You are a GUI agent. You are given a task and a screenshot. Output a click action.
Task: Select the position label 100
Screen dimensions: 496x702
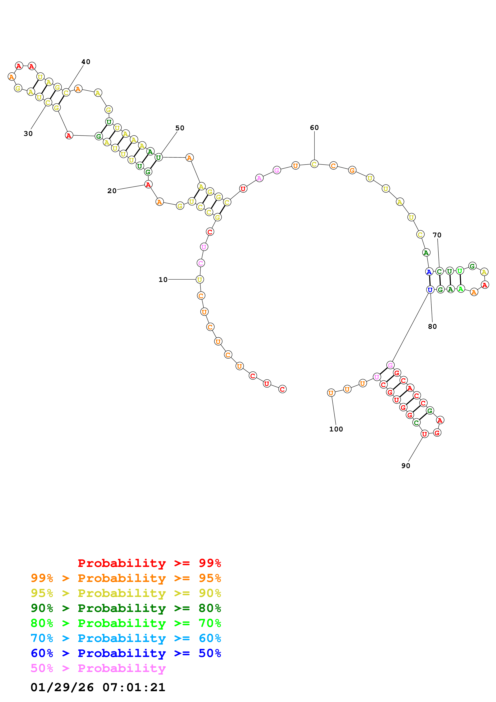pos(336,429)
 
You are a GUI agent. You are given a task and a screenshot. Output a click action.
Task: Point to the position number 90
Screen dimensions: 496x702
pos(406,466)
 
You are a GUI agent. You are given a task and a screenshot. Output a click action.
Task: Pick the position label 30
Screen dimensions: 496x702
pos(28,134)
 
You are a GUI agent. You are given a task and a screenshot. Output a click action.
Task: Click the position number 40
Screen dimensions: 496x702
pos(86,62)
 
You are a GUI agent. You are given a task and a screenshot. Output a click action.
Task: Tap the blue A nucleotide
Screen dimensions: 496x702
pos(429,272)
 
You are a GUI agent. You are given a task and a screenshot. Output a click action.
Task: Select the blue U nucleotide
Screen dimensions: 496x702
pos(430,290)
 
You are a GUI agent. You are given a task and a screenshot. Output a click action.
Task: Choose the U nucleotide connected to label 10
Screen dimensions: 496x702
pos(199,279)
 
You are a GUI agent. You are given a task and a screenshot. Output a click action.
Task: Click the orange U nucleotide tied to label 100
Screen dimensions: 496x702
pos(331,393)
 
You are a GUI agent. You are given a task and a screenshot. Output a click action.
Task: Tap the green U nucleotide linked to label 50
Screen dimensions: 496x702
pos(158,157)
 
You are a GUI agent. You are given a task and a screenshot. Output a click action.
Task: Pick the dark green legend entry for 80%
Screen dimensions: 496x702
pos(126,608)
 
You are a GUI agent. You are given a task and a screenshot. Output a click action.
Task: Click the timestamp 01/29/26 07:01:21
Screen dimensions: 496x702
pos(98,687)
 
